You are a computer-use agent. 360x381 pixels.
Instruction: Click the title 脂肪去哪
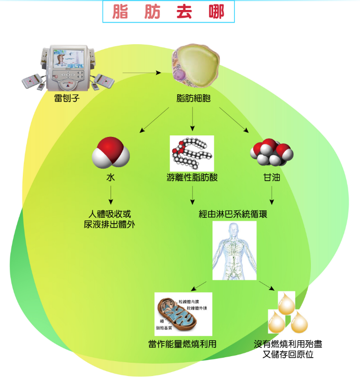click(x=168, y=12)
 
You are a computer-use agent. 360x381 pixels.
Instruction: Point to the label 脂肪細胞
click(x=194, y=98)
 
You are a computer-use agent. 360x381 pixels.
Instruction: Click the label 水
click(x=111, y=177)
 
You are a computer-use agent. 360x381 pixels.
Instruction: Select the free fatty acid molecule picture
click(x=192, y=154)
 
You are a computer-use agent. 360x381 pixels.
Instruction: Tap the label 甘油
click(x=271, y=177)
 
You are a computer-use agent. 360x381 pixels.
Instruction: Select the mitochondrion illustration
click(x=179, y=315)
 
